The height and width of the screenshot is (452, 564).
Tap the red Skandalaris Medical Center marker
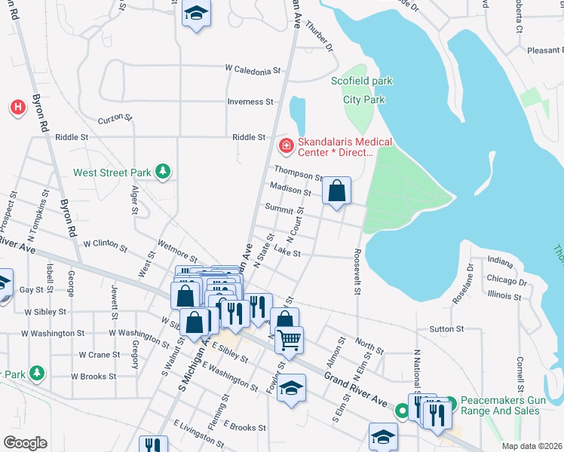tap(286, 145)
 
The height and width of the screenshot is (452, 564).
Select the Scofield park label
tap(362, 81)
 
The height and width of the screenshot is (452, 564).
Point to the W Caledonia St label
tap(253, 69)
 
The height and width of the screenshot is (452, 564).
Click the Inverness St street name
tap(250, 102)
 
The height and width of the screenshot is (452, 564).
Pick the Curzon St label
tap(115, 119)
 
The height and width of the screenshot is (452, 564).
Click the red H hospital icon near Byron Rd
tap(17, 108)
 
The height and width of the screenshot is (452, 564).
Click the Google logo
tap(25, 442)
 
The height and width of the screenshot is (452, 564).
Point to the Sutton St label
tap(446, 329)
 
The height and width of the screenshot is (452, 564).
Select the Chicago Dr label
tap(507, 281)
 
